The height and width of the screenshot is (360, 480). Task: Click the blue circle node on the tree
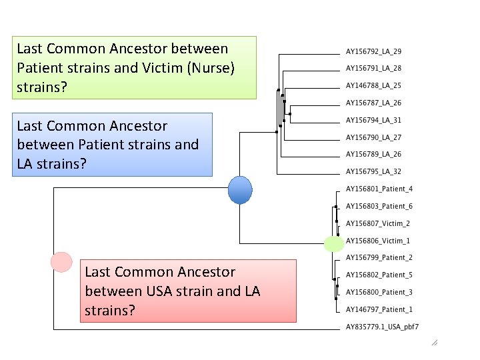coord(240,190)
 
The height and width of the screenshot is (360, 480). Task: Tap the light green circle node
coord(334,244)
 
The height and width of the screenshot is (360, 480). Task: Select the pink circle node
coord(61,262)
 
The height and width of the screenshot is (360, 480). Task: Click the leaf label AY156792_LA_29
coord(373,51)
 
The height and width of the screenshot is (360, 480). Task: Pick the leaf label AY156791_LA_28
coord(373,68)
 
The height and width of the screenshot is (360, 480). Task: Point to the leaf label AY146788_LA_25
coord(373,85)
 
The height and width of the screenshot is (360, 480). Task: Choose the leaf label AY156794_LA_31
coord(373,120)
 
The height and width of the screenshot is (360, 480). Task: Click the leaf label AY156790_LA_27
coord(373,137)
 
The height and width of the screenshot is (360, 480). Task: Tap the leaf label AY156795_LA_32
coord(373,171)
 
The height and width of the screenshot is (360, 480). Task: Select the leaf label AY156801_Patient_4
coord(379,189)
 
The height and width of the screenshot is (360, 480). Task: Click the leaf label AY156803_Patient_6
coord(379,206)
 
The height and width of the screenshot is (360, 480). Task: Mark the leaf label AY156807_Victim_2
coord(378,223)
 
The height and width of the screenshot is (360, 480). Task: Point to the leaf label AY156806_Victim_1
coord(378,241)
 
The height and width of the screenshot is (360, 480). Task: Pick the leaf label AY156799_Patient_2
coord(379,257)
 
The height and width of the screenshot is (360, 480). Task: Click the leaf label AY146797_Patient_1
coord(379,309)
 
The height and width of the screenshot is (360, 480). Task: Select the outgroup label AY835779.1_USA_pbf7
coord(383,327)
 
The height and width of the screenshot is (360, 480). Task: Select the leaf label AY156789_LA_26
coord(373,154)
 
